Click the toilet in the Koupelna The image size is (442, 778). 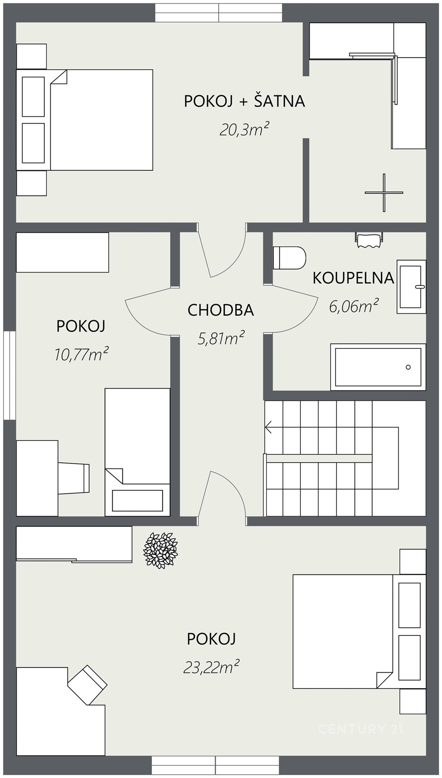click(289, 258)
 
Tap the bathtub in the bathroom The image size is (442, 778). click(378, 367)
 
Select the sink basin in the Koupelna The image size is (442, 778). click(411, 286)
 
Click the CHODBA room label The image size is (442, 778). click(221, 310)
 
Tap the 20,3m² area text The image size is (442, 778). click(244, 130)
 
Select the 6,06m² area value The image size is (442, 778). click(354, 306)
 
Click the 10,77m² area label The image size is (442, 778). click(81, 354)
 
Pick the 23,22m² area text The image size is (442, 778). click(211, 667)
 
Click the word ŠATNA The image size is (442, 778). click(280, 100)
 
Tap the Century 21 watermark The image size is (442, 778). click(360, 729)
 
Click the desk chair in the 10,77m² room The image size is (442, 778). click(74, 479)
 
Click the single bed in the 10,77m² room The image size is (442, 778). click(137, 452)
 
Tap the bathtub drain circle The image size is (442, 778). click(408, 368)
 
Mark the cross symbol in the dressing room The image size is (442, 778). click(384, 192)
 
